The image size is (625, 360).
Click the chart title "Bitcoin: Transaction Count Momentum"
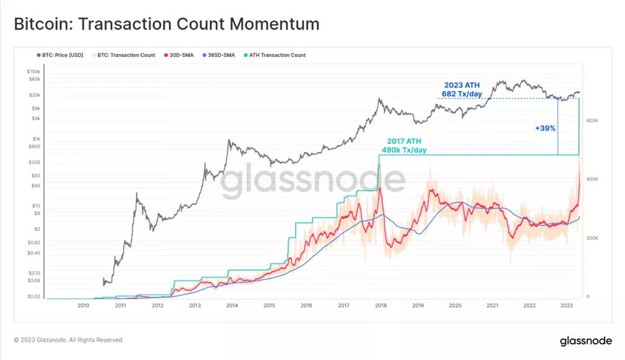[166, 24]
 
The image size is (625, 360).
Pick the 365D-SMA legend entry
[219, 55]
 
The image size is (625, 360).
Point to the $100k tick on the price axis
[33, 71]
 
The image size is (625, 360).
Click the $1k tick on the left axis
[36, 139]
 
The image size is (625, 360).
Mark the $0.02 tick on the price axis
[33, 296]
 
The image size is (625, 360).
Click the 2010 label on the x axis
[83, 306]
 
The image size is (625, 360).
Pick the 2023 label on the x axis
[566, 306]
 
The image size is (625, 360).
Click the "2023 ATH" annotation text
[461, 85]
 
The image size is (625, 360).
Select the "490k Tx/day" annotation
[404, 150]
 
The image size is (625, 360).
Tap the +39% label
[545, 128]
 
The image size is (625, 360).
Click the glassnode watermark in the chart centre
[313, 182]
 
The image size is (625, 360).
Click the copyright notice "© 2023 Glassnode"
[69, 339]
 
